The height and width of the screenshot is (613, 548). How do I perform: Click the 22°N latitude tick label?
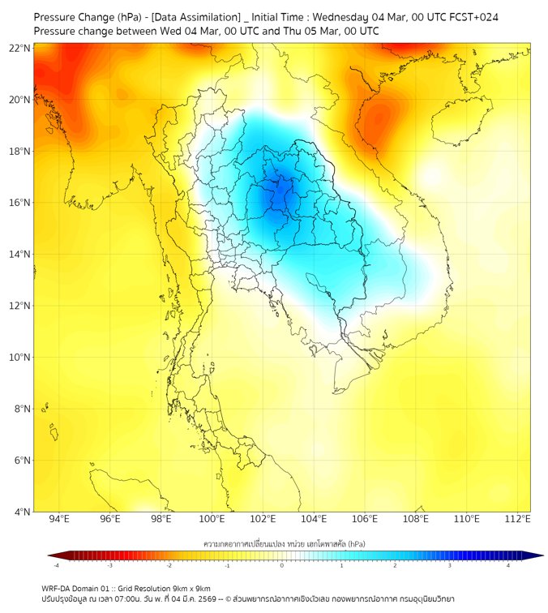(x=20, y=48)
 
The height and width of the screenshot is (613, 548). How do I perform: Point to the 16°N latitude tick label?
(x=20, y=203)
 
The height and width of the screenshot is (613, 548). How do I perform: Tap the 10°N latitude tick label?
(x=20, y=357)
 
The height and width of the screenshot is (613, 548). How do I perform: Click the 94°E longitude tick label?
(x=59, y=519)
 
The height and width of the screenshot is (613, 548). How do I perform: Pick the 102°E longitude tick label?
(x=263, y=519)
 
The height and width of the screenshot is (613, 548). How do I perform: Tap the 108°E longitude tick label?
(x=416, y=519)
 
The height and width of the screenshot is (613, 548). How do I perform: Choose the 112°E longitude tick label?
(x=517, y=519)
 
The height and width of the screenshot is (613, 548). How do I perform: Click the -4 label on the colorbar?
(x=56, y=565)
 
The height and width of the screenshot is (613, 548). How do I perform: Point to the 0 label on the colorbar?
(x=282, y=565)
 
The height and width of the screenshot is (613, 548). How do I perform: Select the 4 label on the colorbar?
(x=507, y=565)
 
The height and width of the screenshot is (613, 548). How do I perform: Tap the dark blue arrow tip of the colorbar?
(x=537, y=555)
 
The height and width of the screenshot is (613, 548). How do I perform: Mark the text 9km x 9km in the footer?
(x=191, y=588)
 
